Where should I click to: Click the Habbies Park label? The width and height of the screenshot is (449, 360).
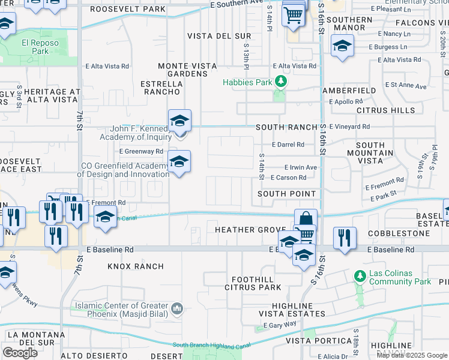[247, 82]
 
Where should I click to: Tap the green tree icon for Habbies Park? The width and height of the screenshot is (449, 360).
[280, 82]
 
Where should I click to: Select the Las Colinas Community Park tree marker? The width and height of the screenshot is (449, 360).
[360, 277]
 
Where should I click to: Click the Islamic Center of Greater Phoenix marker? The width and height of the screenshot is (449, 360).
[177, 309]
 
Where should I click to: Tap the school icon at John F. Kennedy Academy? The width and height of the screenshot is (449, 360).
[179, 122]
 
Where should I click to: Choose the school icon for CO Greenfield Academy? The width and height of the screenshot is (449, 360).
[179, 162]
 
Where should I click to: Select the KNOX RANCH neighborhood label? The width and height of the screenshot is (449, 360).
[136, 266]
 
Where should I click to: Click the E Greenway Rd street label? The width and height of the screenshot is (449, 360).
[141, 152]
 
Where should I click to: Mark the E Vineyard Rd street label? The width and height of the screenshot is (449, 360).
[349, 127]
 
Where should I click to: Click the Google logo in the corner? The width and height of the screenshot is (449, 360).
[20, 352]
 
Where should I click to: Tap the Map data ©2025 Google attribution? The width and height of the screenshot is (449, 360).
[412, 355]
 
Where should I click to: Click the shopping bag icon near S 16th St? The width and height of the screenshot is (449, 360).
[306, 220]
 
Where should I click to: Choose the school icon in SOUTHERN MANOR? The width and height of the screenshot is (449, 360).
[342, 46]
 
